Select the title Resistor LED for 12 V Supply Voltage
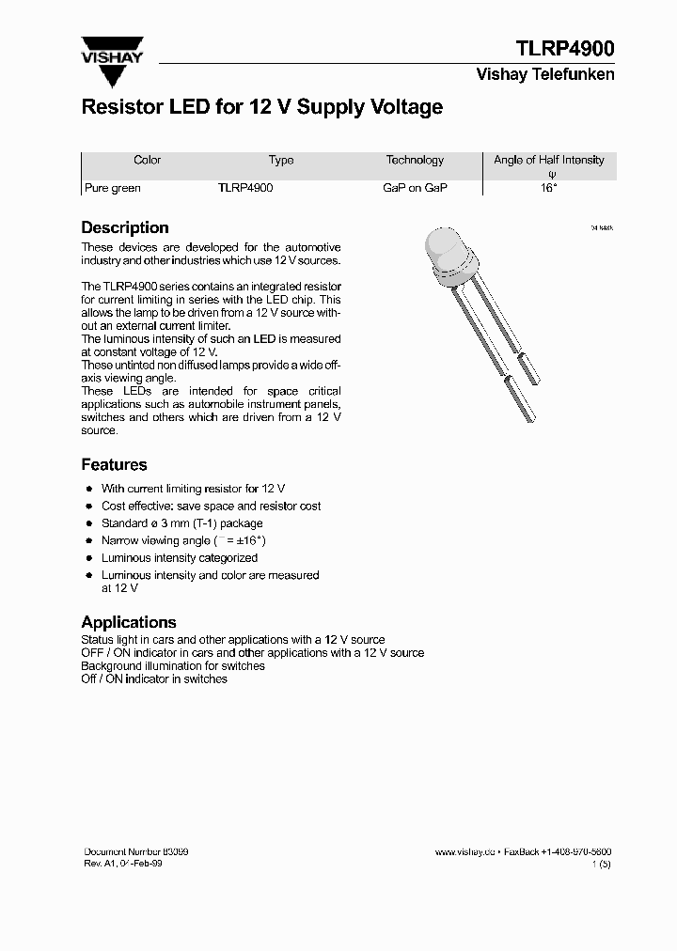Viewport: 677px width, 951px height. point(261,107)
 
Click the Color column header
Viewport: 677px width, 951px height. point(148,160)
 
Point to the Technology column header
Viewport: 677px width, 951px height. point(415,160)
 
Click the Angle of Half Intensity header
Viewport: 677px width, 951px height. point(549,160)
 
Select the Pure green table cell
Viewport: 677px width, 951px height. point(113,188)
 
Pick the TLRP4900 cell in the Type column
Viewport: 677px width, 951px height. point(245,188)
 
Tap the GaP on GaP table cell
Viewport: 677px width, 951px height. point(415,188)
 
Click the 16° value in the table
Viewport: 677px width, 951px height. point(549,188)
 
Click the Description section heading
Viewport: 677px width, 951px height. point(125,227)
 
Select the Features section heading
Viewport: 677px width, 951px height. point(114,464)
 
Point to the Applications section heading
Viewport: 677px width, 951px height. point(129,622)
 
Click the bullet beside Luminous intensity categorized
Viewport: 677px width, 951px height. point(88,558)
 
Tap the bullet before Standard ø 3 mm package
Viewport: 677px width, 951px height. point(88,523)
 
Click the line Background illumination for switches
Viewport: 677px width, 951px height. point(173,665)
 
